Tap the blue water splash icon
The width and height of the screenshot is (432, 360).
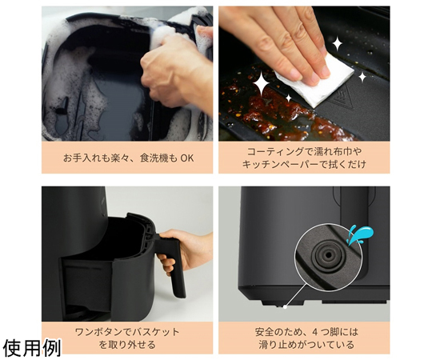tap(359, 234)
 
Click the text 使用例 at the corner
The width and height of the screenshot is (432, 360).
tap(32, 348)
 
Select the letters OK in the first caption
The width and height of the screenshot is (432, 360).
tap(187, 158)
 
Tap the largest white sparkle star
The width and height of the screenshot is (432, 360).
tap(262, 82)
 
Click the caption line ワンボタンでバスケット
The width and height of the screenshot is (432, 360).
tap(127, 332)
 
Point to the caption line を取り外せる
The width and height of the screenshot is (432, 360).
tap(127, 345)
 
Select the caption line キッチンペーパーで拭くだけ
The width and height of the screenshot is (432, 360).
tap(304, 164)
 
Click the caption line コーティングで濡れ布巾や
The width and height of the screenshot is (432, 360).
tap(304, 151)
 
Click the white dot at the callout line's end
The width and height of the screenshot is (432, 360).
tap(286, 306)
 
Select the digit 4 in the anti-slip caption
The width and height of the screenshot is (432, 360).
tap(315, 332)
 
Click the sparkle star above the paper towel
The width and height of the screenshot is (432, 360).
tap(338, 44)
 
